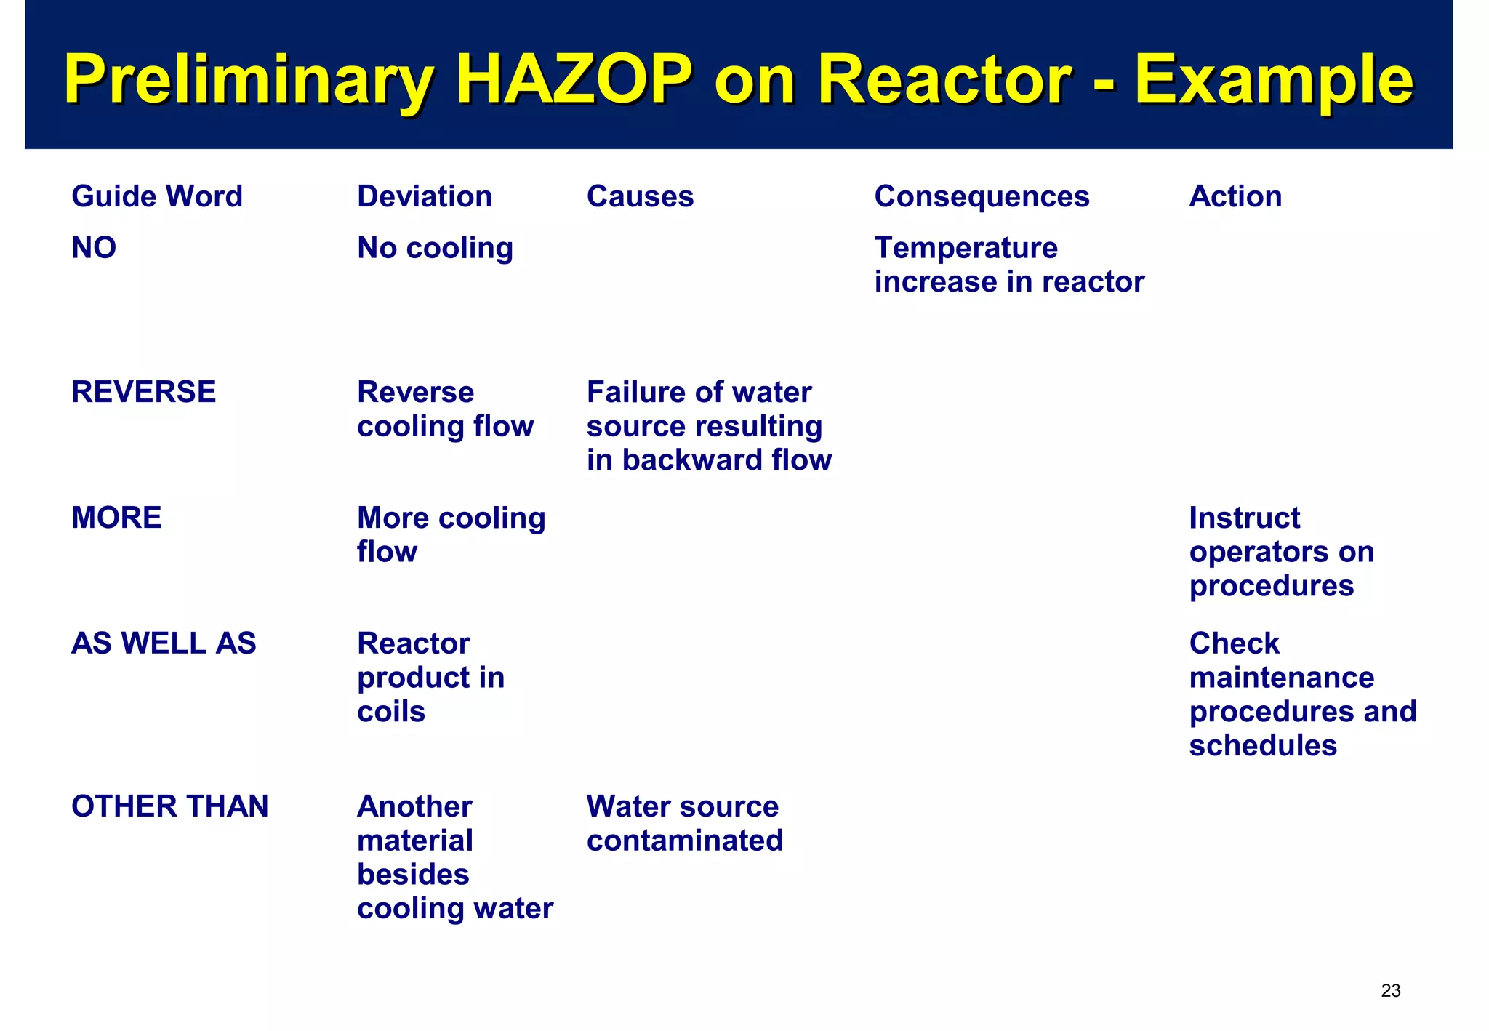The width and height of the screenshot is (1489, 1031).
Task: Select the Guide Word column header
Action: (x=157, y=196)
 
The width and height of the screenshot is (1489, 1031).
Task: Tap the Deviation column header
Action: (x=425, y=196)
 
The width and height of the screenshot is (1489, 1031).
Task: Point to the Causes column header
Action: (x=640, y=196)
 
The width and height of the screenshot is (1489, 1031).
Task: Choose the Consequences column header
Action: (x=982, y=196)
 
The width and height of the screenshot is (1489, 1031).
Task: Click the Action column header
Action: (x=1235, y=196)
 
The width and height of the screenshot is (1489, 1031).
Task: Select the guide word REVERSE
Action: (x=144, y=392)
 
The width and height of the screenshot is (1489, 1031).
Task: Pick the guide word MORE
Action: (x=116, y=518)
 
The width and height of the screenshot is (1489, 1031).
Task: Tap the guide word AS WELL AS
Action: (x=164, y=643)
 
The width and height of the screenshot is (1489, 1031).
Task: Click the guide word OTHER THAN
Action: (x=170, y=806)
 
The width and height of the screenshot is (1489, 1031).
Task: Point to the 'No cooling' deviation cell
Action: (x=435, y=248)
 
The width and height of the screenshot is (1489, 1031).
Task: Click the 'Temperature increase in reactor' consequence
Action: (x=1009, y=265)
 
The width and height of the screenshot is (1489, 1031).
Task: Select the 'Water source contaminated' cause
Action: (x=684, y=823)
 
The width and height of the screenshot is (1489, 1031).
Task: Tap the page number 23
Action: (x=1390, y=990)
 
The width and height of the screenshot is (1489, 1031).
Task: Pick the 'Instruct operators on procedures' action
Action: (x=1281, y=551)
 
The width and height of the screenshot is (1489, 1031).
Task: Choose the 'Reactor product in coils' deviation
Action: (x=430, y=677)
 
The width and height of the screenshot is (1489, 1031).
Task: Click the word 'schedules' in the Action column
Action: (x=1263, y=745)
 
